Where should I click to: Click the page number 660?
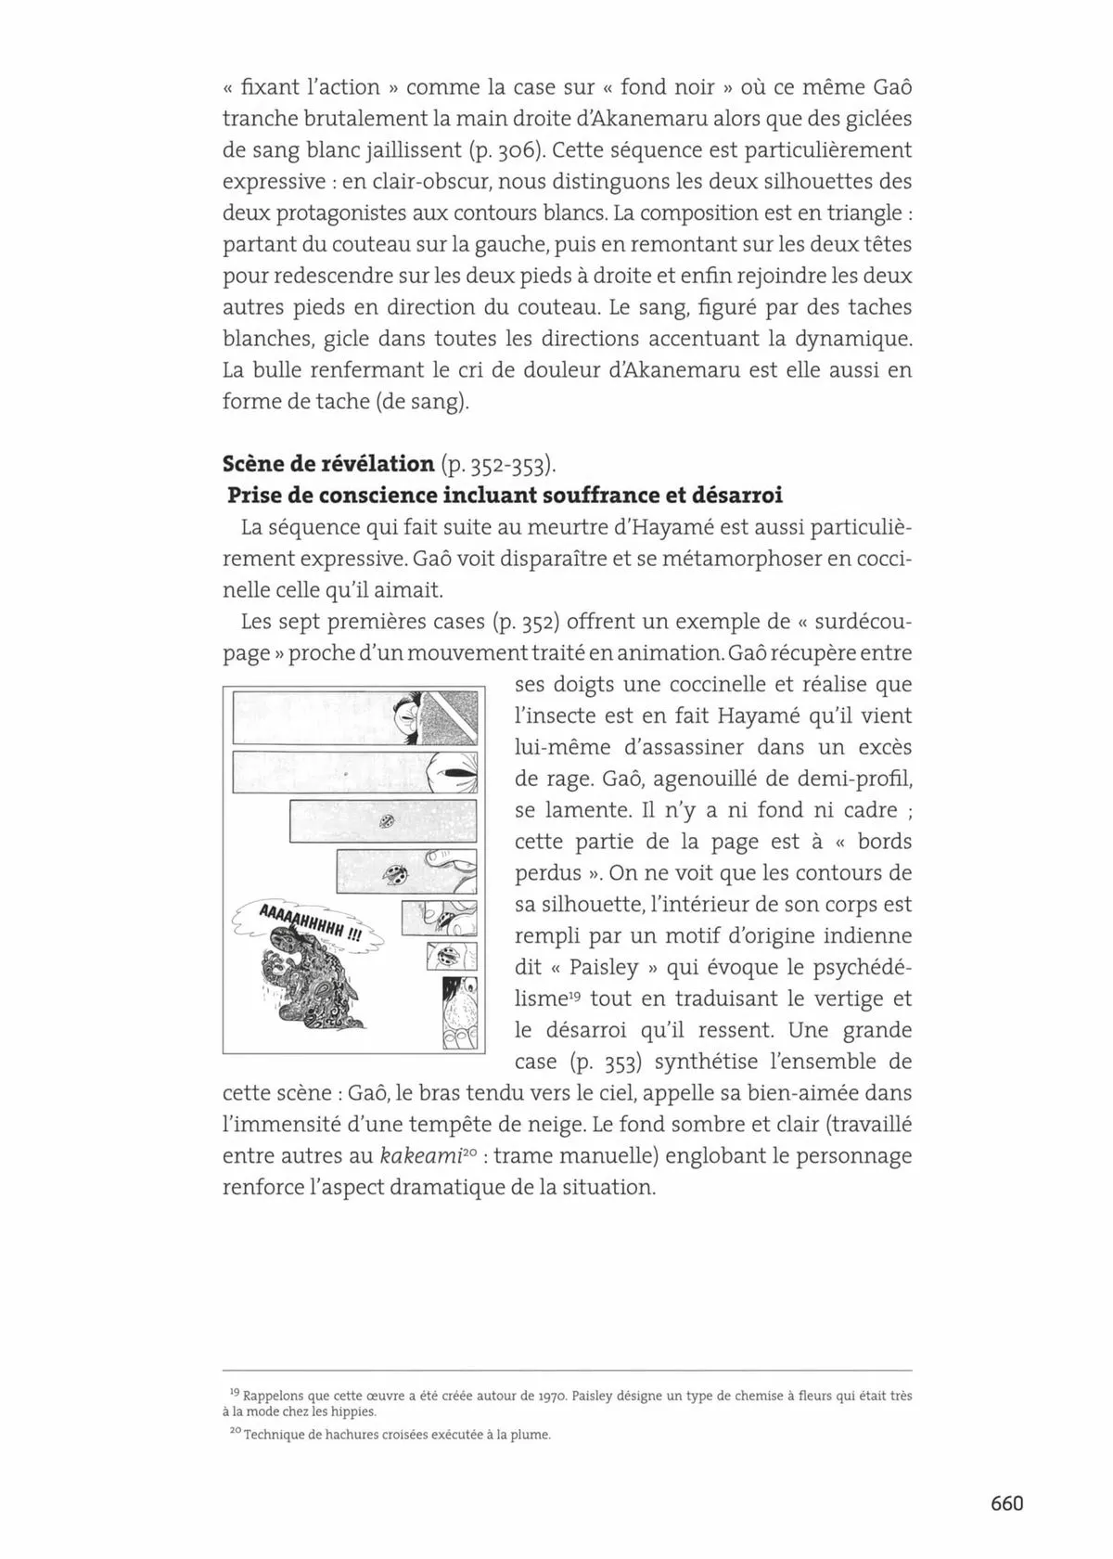pyautogui.click(x=1006, y=1502)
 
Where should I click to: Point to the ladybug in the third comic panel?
pyautogui.click(x=386, y=820)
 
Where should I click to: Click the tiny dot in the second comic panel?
pyautogui.click(x=345, y=772)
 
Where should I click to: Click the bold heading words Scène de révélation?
pyautogui.click(x=328, y=464)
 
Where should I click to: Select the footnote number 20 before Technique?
pyautogui.click(x=234, y=1434)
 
